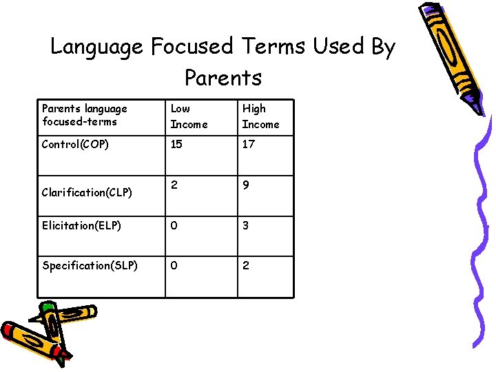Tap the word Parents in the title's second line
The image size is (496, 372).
(x=223, y=77)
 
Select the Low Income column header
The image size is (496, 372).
(x=188, y=116)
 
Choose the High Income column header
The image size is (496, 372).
(x=260, y=116)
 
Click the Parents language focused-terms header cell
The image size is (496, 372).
(x=85, y=115)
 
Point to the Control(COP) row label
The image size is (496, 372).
(x=76, y=145)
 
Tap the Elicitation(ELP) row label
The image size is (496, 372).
(x=82, y=225)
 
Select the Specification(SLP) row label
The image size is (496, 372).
(x=90, y=265)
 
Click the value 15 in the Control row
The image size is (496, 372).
(x=177, y=145)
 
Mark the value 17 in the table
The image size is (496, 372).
(x=249, y=145)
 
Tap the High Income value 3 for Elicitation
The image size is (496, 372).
(x=246, y=225)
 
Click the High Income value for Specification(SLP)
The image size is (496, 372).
(x=246, y=265)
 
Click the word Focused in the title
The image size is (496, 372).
(x=192, y=47)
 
